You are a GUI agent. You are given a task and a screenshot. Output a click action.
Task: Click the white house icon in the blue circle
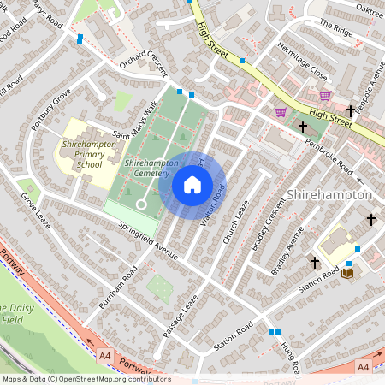[192, 184]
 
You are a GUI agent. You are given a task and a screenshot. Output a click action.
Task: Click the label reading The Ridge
[335, 29]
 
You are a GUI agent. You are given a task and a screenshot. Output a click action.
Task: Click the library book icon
[347, 273]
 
